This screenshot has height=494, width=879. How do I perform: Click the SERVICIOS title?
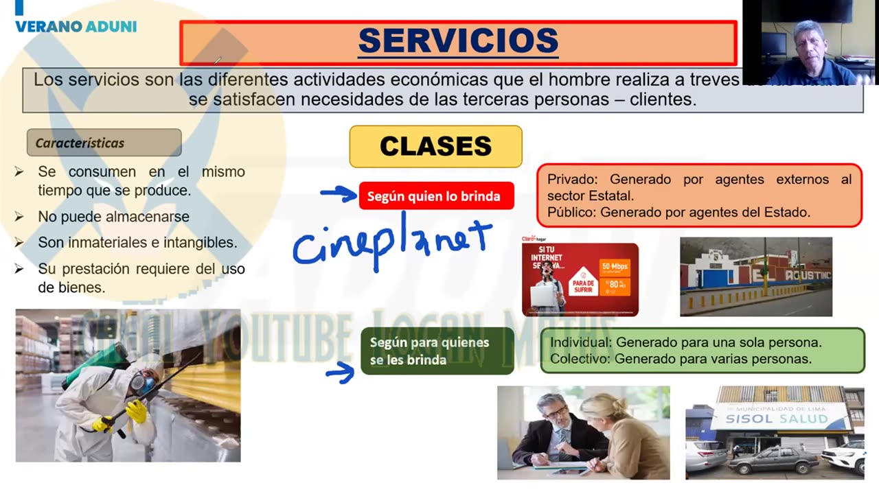pos(458,40)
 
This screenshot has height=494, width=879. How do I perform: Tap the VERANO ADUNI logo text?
pos(76,27)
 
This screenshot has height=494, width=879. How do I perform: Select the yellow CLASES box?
pos(435,146)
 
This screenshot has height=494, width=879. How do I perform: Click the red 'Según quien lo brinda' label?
pos(435,196)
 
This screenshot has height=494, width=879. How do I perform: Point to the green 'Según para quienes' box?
pos(437,351)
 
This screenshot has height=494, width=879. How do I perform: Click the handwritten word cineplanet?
pos(392,243)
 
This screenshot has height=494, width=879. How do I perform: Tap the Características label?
pos(80,143)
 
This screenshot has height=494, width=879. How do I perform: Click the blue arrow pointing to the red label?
pos(339,193)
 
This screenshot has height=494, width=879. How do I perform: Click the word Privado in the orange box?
pos(572,180)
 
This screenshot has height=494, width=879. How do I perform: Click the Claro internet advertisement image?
pos(580,279)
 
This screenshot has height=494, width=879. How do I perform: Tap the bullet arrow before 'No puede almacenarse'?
pos(20,217)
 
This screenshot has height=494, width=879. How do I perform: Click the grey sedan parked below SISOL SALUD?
pos(774,459)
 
